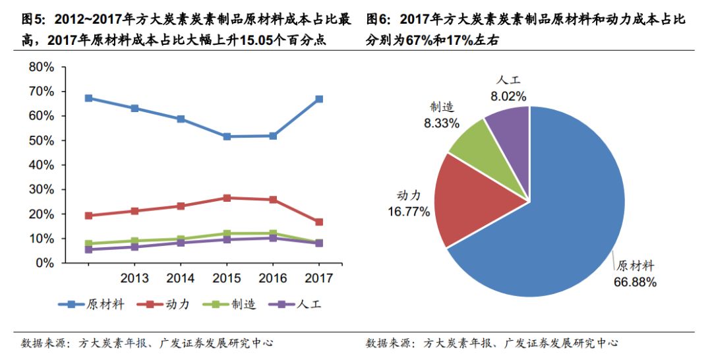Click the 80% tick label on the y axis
[40, 67]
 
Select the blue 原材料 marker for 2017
[319, 99]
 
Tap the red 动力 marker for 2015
[227, 198]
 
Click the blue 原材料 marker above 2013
[134, 108]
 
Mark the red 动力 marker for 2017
[319, 222]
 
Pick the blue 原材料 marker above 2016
[273, 136]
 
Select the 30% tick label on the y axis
[40, 190]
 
